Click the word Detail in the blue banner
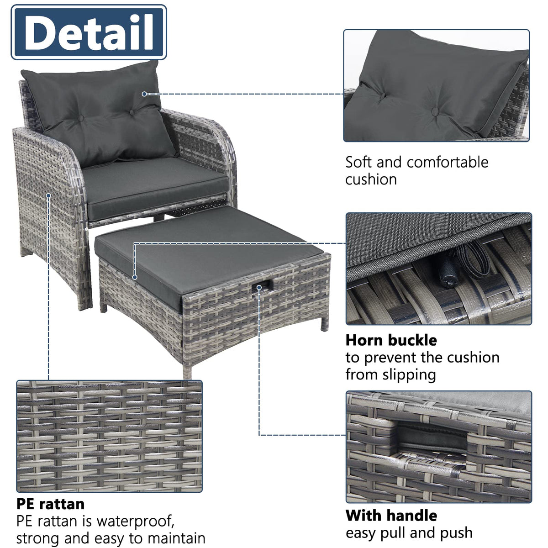tap(89, 32)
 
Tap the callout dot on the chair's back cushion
tap(144, 94)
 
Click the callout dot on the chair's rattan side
tap(48, 195)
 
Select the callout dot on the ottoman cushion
tap(135, 277)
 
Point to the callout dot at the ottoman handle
tap(259, 288)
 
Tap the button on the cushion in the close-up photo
tap(435, 111)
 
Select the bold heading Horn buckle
tap(391, 340)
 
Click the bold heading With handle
tap(391, 515)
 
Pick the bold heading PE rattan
tap(51, 504)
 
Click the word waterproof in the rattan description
tap(135, 522)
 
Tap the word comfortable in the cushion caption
tap(448, 162)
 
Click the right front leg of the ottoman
tap(325, 321)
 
